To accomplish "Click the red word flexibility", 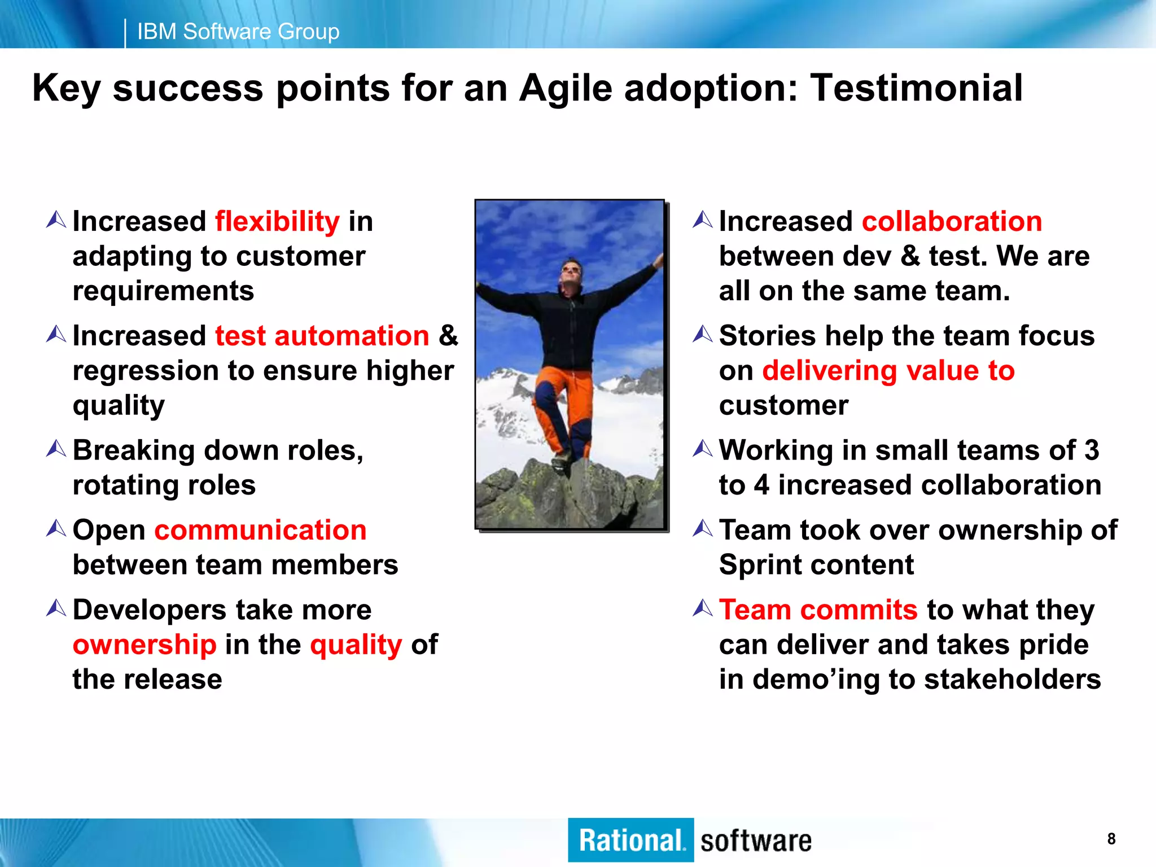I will coord(277,221).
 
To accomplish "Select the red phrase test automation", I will coord(322,336).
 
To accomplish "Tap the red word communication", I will coord(260,530).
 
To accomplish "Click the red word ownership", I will coord(144,645).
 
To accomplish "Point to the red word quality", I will coord(356,645).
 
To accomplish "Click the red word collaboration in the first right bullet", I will coord(952,221).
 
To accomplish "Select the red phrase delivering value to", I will coord(888,371).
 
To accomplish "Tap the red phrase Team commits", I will coord(818,610).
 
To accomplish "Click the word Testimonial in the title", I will coord(917,88).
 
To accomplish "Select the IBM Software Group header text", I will coord(238,32).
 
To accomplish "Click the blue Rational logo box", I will coord(630,840).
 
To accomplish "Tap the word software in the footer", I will coord(756,841).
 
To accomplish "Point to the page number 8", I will coord(1111,839).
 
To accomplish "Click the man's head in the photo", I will coord(571,273).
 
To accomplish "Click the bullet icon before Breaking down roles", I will coord(56,449).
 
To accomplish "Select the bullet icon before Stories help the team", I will coord(703,335).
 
